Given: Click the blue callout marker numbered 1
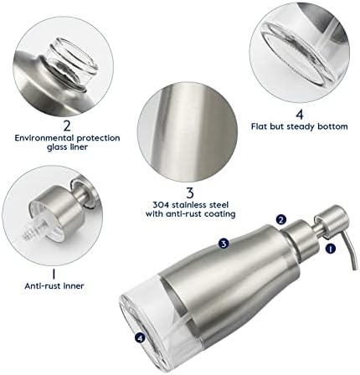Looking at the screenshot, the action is click(x=331, y=249).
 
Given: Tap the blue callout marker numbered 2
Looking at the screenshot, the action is click(x=281, y=219).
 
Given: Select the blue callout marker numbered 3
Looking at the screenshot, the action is click(x=224, y=244).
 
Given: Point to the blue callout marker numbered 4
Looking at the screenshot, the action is click(x=140, y=338).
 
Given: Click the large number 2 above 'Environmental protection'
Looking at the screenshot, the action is click(x=67, y=126).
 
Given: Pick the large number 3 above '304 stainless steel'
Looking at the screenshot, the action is click(x=190, y=193).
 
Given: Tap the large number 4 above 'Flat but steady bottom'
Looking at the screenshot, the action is click(x=299, y=115).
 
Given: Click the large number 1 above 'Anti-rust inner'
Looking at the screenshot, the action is click(x=54, y=274).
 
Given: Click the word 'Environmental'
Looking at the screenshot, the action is click(x=44, y=138).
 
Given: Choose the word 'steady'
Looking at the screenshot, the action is click(x=301, y=126).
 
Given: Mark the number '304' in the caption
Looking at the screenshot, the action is click(x=161, y=205).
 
